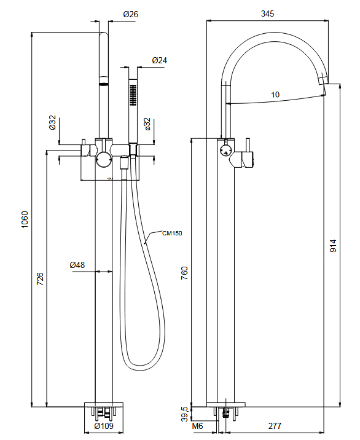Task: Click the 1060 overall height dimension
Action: [25, 219]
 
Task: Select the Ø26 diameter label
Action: [130, 14]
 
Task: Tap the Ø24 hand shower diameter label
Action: [160, 60]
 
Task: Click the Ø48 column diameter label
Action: [77, 265]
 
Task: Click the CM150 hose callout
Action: [173, 233]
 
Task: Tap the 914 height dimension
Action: [333, 245]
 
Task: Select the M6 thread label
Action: [198, 425]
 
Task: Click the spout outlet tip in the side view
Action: [324, 81]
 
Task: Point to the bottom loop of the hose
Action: [141, 367]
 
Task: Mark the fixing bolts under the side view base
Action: [227, 412]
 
